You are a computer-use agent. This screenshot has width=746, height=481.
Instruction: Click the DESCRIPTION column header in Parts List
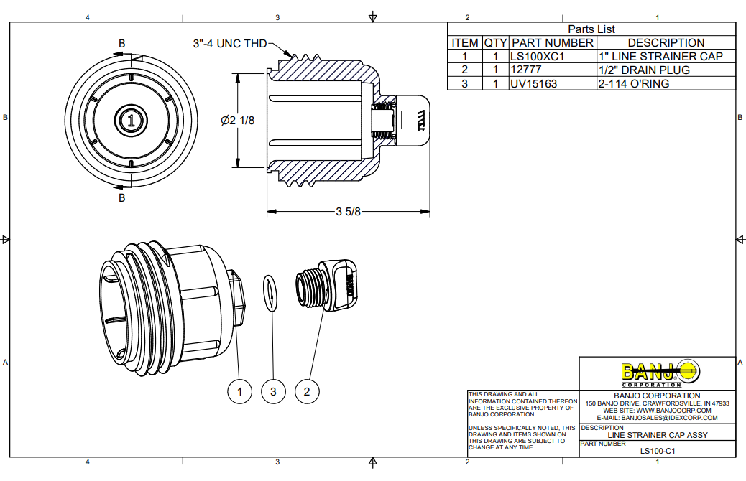click(666, 42)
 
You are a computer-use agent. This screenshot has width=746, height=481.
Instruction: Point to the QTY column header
click(495, 42)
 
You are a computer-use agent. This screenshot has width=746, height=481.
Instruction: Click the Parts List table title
click(591, 29)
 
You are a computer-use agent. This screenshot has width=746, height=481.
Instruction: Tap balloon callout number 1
click(239, 391)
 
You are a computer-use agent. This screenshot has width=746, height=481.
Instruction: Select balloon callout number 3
click(273, 391)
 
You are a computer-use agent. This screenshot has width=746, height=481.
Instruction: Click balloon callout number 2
click(307, 391)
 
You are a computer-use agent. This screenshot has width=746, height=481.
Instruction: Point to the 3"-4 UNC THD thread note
click(229, 44)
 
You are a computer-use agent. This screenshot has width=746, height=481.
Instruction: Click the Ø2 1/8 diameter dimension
click(238, 121)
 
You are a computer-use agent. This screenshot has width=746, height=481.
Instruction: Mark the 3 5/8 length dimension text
click(348, 212)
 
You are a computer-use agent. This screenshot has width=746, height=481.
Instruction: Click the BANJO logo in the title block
click(658, 372)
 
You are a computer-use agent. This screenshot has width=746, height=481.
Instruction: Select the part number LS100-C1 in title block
click(658, 451)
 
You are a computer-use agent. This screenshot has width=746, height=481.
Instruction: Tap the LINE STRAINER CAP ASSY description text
click(658, 435)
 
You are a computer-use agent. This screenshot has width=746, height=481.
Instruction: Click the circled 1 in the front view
click(130, 121)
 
